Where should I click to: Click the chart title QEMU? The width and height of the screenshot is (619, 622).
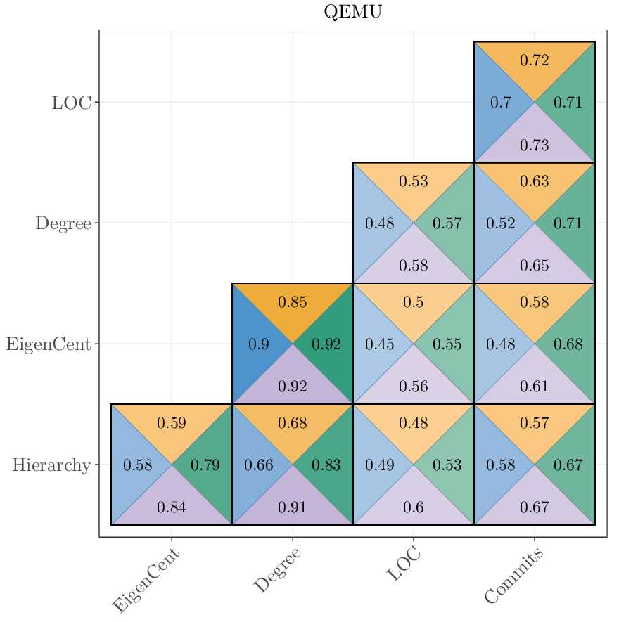click(352, 12)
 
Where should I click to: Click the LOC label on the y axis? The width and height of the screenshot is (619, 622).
click(71, 103)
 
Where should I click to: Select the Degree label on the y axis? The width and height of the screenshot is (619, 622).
click(63, 223)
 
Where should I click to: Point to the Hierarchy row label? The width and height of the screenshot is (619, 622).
click(51, 465)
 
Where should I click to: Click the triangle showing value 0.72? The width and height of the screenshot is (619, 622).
click(534, 60)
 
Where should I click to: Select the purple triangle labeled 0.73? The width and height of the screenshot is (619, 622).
click(534, 145)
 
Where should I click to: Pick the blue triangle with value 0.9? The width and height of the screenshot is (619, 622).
click(258, 344)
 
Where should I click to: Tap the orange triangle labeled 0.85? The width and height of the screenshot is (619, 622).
click(292, 302)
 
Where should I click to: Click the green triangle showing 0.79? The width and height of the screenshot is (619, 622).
click(205, 465)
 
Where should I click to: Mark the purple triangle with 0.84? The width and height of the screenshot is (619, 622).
click(172, 507)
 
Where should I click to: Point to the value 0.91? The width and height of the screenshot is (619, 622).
click(292, 507)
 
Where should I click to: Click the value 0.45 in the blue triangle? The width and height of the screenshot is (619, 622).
click(379, 344)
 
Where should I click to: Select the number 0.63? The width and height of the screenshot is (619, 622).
click(534, 181)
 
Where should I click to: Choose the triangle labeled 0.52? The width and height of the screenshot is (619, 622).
click(500, 223)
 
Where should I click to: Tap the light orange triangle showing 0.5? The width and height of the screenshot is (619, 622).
click(413, 302)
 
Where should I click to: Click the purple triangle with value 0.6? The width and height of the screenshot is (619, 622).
click(413, 507)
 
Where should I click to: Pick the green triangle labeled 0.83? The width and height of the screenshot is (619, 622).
click(326, 465)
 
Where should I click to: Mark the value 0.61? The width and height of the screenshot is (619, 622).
click(534, 387)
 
